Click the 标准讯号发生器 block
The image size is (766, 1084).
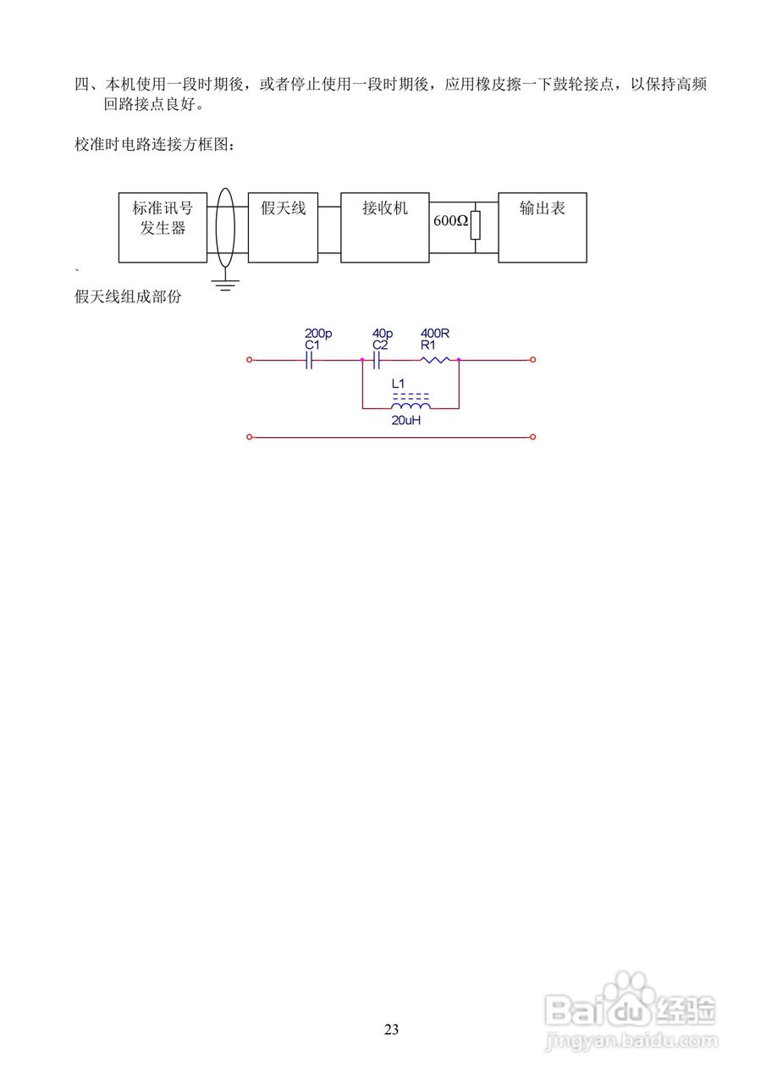(163, 226)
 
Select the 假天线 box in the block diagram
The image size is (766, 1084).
(283, 226)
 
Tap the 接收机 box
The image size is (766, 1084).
(385, 226)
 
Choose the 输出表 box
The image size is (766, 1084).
(542, 226)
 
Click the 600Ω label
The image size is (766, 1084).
(450, 221)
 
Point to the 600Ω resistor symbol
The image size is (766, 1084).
(476, 225)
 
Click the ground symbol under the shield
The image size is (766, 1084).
(225, 285)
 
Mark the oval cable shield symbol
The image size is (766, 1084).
(225, 227)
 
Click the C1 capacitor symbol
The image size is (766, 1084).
(310, 360)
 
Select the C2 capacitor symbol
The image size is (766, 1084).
(376, 360)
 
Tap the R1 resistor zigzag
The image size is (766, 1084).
(435, 360)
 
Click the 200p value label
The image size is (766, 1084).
(318, 334)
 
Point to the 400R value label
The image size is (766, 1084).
(434, 334)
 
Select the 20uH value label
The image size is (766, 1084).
(406, 420)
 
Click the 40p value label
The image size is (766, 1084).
(383, 334)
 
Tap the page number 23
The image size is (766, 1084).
(391, 1030)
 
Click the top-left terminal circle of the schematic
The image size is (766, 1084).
(249, 360)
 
